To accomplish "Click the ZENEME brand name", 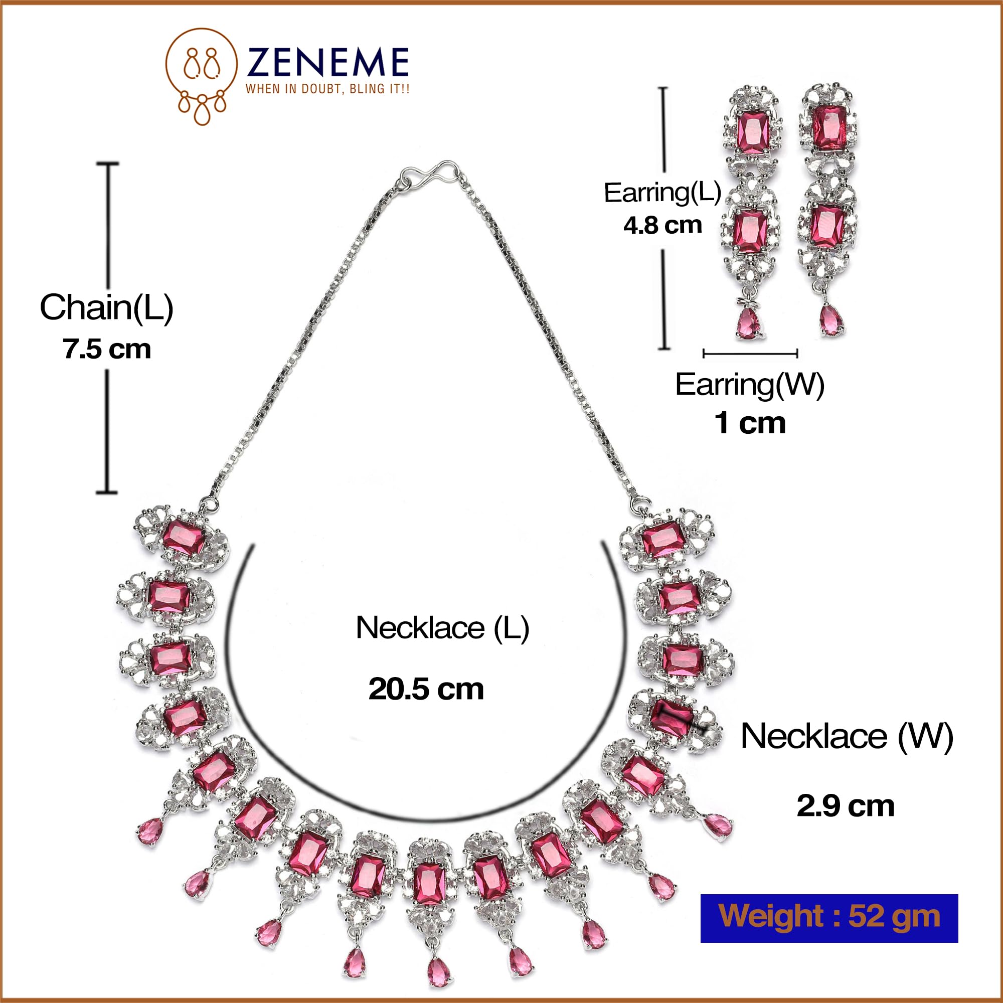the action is click(327, 62).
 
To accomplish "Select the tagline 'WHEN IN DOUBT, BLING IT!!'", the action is click(327, 89).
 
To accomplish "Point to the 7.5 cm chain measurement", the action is click(107, 349).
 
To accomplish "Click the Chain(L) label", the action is click(106, 308).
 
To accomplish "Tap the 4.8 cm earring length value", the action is click(663, 225).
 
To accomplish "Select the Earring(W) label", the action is click(750, 385).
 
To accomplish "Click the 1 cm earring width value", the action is click(750, 423).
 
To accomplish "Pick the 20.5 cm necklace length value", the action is click(426, 690).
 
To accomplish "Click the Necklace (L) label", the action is click(442, 628).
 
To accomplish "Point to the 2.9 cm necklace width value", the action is click(846, 806).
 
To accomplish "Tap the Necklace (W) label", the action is click(847, 736).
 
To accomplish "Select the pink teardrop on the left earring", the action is click(748, 323).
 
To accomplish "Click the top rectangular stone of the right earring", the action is click(829, 127).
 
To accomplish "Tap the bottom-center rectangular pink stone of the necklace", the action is click(430, 885).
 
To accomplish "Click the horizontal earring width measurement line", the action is click(750, 354).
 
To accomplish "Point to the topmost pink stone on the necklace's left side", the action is click(184, 538).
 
